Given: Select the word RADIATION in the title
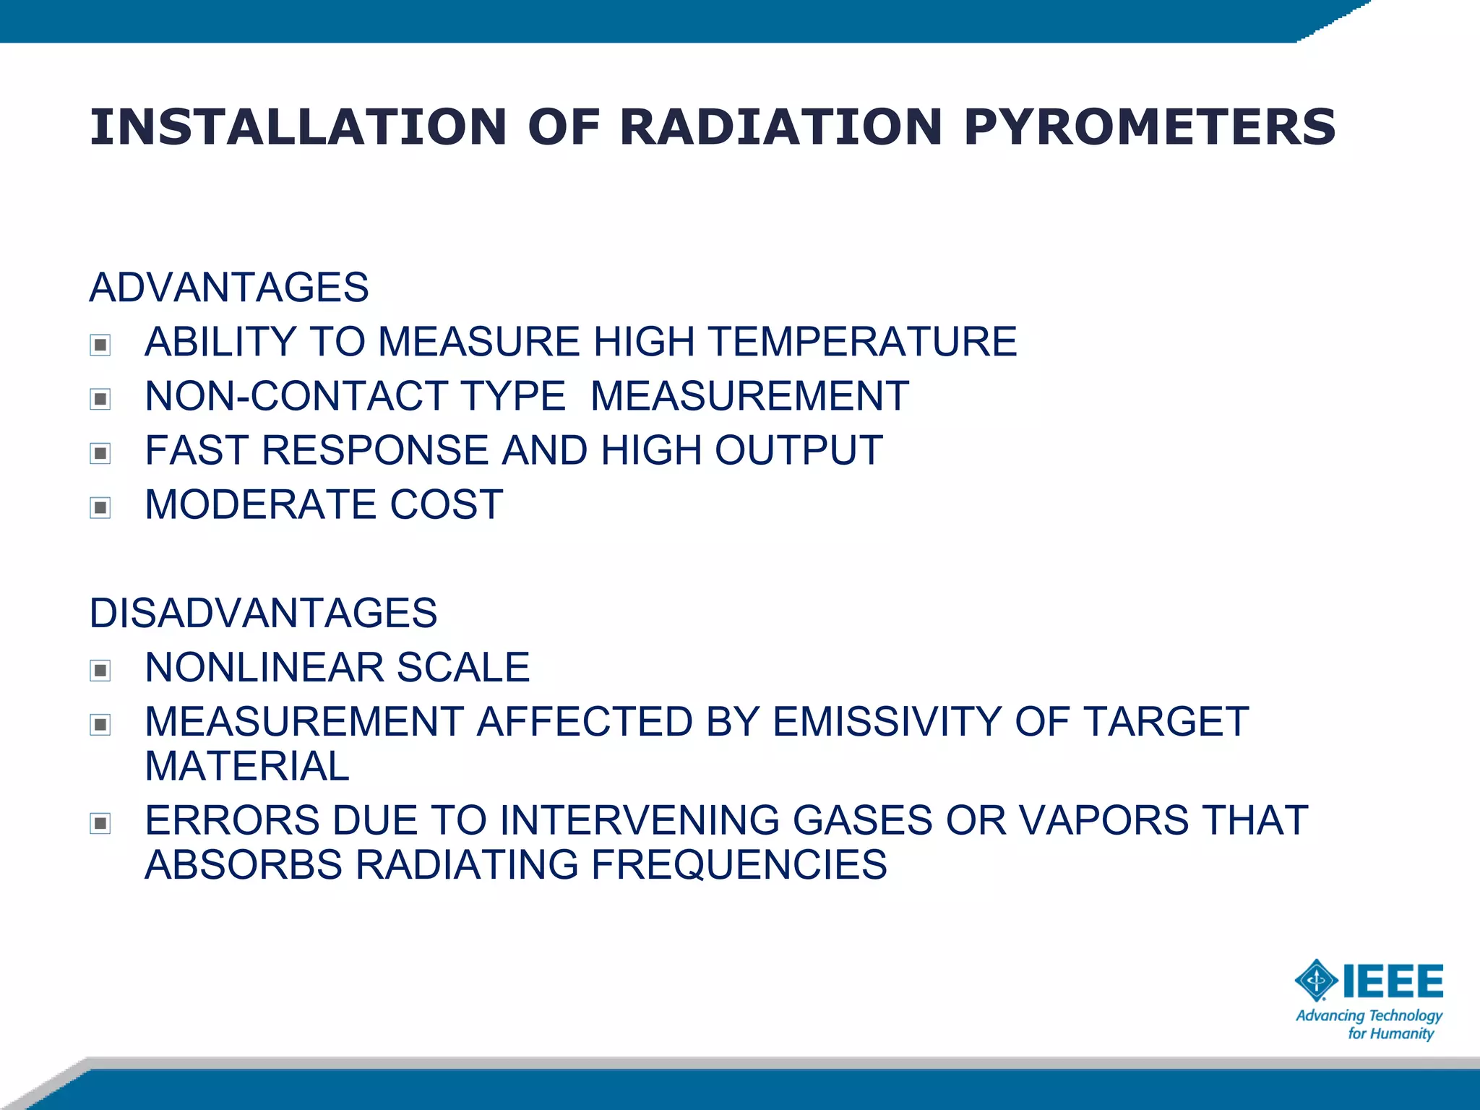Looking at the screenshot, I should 780,127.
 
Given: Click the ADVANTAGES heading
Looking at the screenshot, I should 229,287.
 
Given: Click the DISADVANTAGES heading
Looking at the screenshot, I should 263,613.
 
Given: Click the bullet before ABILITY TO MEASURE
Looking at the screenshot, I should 100,345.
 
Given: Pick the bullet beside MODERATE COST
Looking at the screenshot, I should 100,507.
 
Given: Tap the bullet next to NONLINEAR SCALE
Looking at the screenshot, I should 100,671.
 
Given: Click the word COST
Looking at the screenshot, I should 446,504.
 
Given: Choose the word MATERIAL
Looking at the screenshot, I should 247,766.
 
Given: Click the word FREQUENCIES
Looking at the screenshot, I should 739,864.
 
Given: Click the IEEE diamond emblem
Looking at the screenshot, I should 1316,981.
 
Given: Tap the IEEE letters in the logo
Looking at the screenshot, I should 1393,981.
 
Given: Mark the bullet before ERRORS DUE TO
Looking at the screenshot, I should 100,823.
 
